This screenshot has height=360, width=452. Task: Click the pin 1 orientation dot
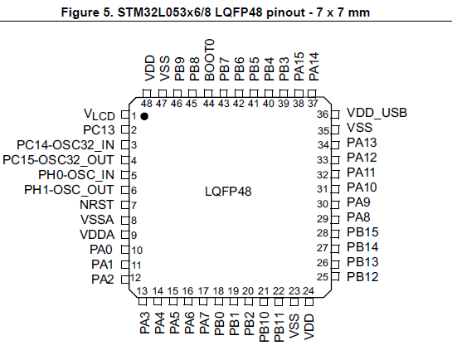pyautogui.click(x=144, y=116)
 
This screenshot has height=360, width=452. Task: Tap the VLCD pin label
pyautogui.click(x=100, y=114)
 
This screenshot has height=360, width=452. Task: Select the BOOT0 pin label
pyautogui.click(x=210, y=60)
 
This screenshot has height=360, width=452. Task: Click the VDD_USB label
pyautogui.click(x=377, y=113)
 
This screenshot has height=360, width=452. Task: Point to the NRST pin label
pyautogui.click(x=97, y=205)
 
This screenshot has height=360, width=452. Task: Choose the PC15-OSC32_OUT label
pyautogui.click(x=58, y=160)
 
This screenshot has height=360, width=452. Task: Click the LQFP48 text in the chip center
pyautogui.click(x=228, y=192)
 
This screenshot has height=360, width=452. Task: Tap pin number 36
pyautogui.click(x=323, y=114)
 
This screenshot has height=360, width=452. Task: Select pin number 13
pyautogui.click(x=142, y=291)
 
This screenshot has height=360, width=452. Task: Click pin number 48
pyautogui.click(x=147, y=104)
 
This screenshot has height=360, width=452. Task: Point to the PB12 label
pyautogui.click(x=362, y=277)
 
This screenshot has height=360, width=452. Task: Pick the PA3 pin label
pyautogui.click(x=145, y=323)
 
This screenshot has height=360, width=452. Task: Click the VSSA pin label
pyautogui.click(x=97, y=220)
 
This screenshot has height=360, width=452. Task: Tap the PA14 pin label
pyautogui.click(x=314, y=66)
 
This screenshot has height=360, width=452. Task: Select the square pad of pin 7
pyautogui.click(x=125, y=205)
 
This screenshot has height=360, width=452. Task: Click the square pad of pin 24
pyautogui.click(x=309, y=302)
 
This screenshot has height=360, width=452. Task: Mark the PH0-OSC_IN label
pyautogui.click(x=76, y=175)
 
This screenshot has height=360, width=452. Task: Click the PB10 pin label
pyautogui.click(x=264, y=327)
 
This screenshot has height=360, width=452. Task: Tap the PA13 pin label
pyautogui.click(x=362, y=143)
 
